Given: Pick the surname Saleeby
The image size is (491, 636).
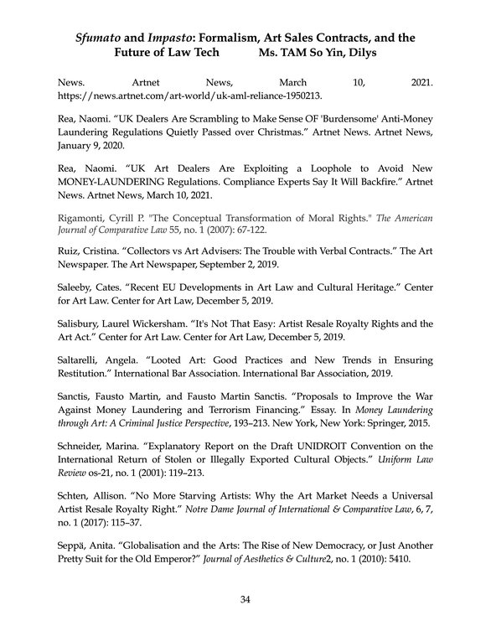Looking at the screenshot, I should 78,289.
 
